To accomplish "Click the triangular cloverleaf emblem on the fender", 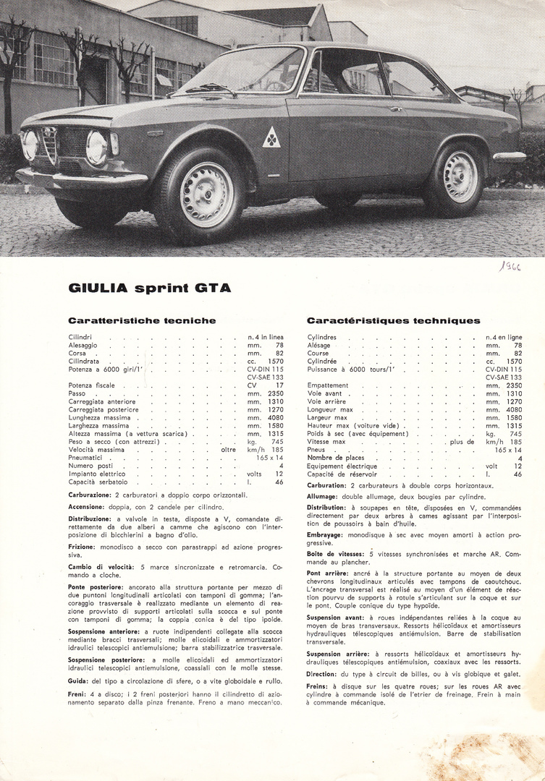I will coord(271,137).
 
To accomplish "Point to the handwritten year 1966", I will coord(510,265).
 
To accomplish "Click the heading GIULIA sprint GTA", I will coord(150,288).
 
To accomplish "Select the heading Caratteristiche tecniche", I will coord(142,320).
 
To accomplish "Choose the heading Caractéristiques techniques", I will coord(393,320).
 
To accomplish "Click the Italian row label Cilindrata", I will coord(84,361).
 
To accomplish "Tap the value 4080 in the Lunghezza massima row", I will coord(275,417).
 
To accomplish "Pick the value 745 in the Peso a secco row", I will coord(277,441).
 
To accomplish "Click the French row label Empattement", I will coord(328,385).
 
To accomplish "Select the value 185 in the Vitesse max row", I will coord(515,441).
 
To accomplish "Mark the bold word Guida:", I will coord(78,680).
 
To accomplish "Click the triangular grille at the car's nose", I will coord(49,144).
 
